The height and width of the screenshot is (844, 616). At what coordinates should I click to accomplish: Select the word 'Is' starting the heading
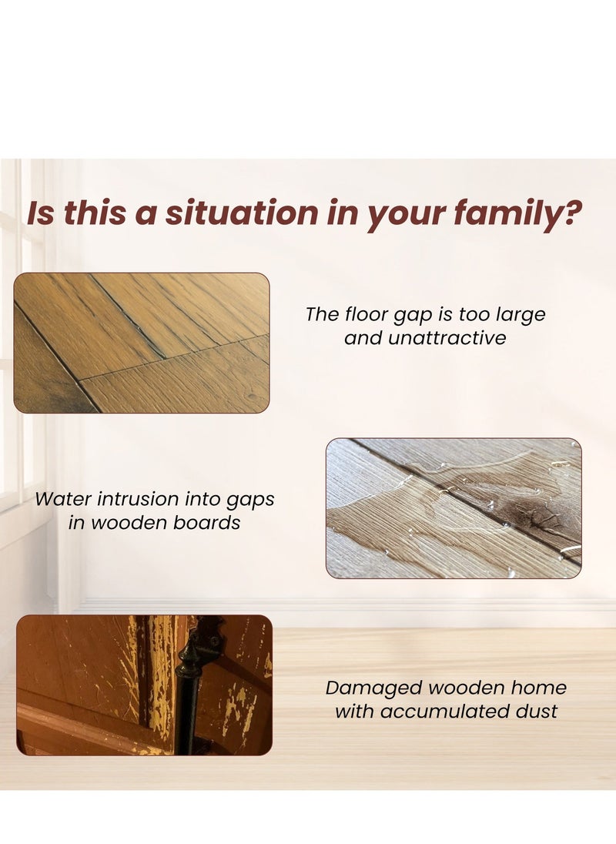pyautogui.click(x=41, y=213)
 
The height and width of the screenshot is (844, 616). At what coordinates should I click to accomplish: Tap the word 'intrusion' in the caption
pyautogui.click(x=150, y=498)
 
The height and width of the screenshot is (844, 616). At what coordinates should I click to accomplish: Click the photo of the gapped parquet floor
pyautogui.click(x=142, y=343)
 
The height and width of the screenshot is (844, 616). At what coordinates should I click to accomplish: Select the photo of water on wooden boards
pyautogui.click(x=454, y=508)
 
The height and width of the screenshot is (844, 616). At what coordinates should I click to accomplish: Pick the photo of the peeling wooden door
pyautogui.click(x=144, y=685)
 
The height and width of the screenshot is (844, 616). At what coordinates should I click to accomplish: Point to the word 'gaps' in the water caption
pyautogui.click(x=248, y=499)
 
